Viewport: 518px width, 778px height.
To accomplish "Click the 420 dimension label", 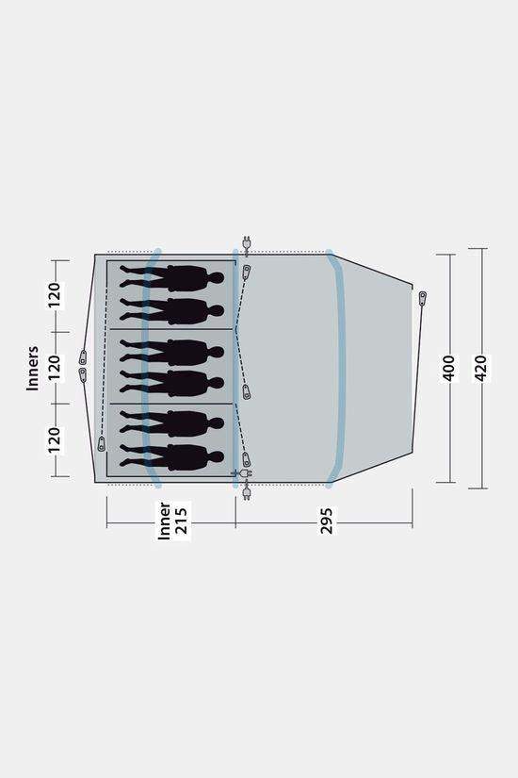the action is coord(481,368).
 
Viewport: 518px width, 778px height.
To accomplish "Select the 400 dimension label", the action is coord(448,368).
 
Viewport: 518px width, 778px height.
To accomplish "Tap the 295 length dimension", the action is coord(326,521).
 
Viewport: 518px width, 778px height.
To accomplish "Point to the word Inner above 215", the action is coord(164,521).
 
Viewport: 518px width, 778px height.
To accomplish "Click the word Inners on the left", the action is coord(32,368).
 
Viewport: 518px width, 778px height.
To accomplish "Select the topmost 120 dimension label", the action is coord(55,295).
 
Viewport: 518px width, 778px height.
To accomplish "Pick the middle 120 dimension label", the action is coord(55,368).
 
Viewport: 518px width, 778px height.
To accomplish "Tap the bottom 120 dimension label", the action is coord(55,440).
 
